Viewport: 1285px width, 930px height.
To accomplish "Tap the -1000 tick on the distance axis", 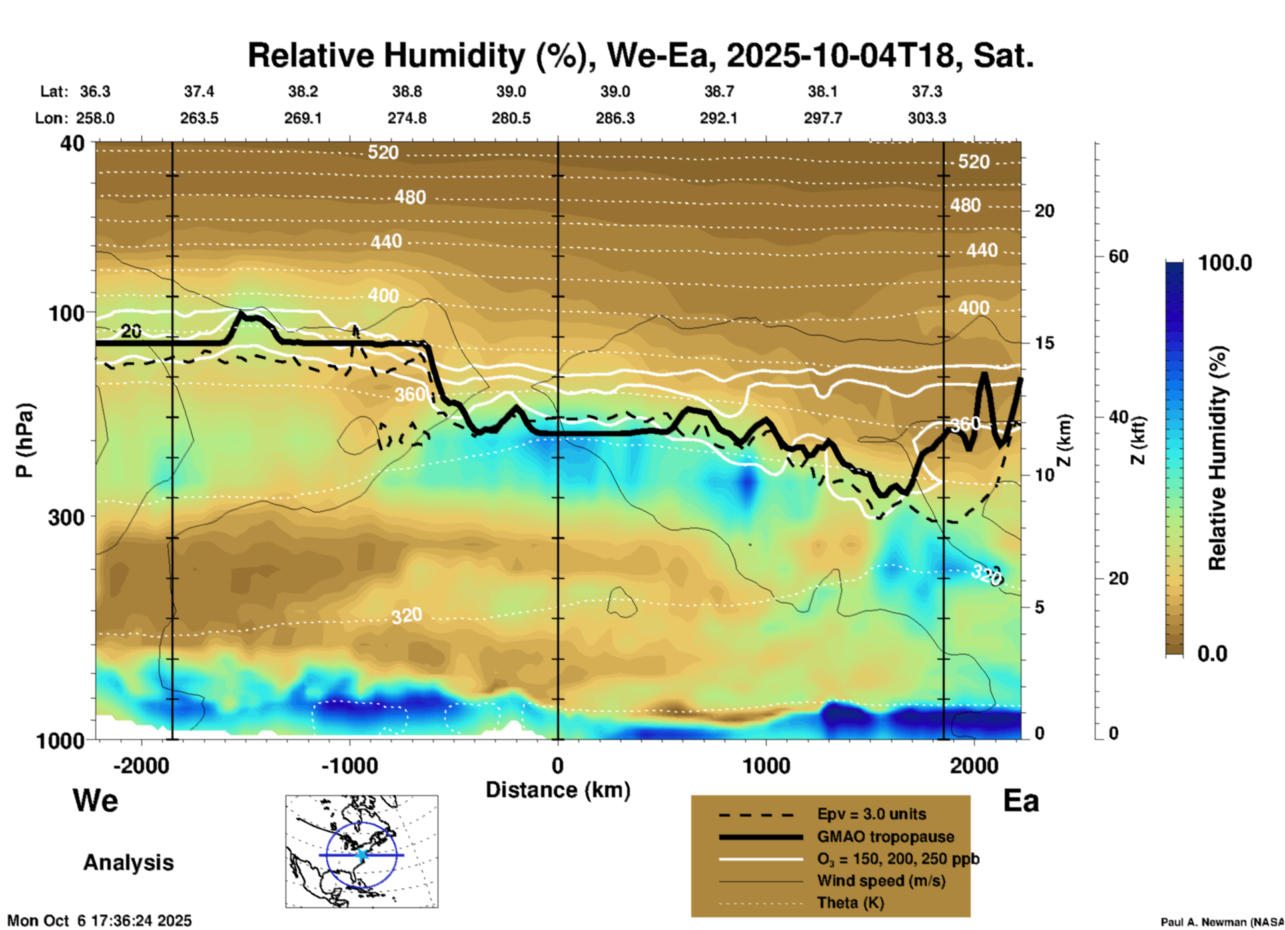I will pos(350,766).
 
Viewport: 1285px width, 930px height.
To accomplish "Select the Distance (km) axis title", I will pos(558,790).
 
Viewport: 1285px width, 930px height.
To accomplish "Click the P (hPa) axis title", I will pos(25,440).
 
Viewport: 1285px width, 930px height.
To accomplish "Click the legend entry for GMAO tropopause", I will pos(885,837).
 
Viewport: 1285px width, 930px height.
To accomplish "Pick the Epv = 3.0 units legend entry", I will pos(871,815).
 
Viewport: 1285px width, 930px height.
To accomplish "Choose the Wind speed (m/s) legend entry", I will pos(881,881).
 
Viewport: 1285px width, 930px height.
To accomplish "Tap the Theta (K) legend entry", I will pos(850,903).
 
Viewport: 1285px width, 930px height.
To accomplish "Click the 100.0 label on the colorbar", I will pos(1225,263).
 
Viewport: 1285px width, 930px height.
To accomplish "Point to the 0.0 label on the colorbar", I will pos(1212,654).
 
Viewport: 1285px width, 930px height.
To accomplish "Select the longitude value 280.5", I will pos(511,118).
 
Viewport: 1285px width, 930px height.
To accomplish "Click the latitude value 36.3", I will pos(95,91).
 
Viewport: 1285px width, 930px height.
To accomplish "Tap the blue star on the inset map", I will pos(362,855).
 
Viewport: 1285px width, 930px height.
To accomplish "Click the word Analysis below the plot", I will pos(128,863).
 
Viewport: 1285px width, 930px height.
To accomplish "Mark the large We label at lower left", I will pos(95,800).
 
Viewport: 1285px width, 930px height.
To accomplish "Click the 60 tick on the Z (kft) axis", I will pos(1118,256).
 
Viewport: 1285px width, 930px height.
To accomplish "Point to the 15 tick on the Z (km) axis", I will pos(1044,343).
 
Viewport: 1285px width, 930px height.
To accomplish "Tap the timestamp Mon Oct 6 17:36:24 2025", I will pos(99,921).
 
